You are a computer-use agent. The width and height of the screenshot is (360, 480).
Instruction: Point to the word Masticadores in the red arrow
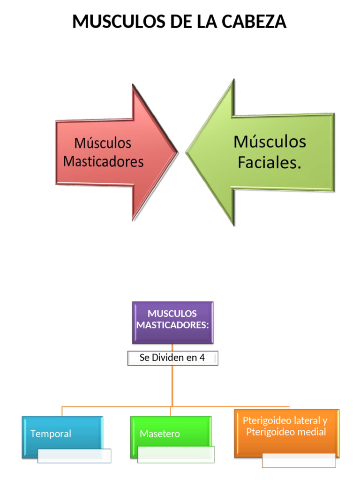(103, 161)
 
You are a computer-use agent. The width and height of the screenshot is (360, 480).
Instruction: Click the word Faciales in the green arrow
(269, 162)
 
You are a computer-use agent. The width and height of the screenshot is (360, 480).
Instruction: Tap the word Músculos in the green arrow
(270, 142)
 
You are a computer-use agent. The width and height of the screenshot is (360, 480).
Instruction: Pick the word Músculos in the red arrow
(103, 142)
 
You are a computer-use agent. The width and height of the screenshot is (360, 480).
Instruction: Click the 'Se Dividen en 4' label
(172, 358)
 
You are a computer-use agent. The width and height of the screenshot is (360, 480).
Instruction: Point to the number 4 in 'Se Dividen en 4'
(202, 358)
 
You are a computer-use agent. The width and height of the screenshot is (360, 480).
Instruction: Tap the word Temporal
(51, 434)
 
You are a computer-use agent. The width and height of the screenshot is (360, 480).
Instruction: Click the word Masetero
(160, 434)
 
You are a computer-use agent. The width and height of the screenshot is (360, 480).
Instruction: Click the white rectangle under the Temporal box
(74, 456)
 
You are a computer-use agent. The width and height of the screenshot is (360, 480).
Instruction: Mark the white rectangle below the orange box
(299, 460)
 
